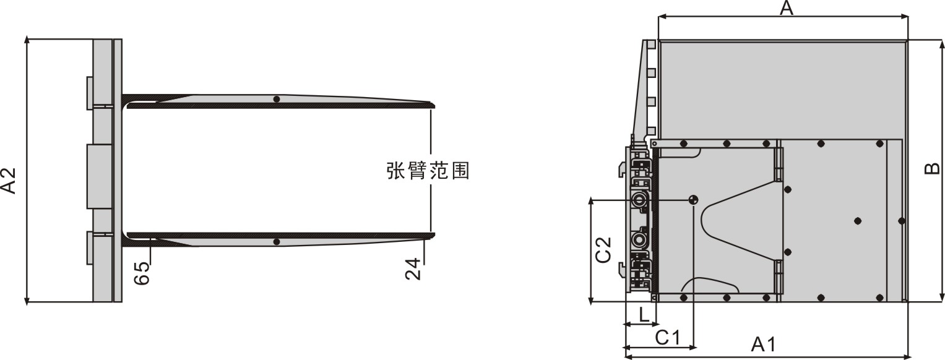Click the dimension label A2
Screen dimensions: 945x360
pyautogui.click(x=9, y=181)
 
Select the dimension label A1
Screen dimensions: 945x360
pyautogui.click(x=764, y=345)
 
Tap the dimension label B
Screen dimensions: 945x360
pyautogui.click(x=931, y=168)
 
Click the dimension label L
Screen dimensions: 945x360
pyautogui.click(x=644, y=314)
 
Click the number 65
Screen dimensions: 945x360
pyautogui.click(x=142, y=273)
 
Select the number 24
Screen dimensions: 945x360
pyautogui.click(x=413, y=269)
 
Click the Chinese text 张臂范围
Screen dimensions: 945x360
pyautogui.click(x=428, y=171)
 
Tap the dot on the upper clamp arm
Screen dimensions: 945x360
pyautogui.click(x=277, y=100)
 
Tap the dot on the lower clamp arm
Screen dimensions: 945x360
pyautogui.click(x=277, y=242)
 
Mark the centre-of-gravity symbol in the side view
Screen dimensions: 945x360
pyautogui.click(x=693, y=199)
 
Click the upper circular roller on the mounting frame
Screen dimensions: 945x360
pyautogui.click(x=637, y=199)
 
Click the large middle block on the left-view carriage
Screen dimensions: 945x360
pyautogui.click(x=100, y=177)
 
